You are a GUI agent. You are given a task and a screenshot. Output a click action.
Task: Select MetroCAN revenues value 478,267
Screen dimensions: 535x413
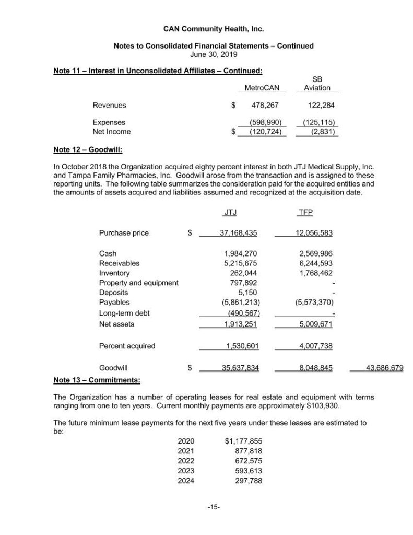(x=265, y=105)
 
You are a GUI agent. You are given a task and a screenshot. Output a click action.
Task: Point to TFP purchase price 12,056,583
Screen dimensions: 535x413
(x=312, y=233)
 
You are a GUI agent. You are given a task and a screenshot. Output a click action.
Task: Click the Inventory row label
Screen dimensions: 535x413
(x=114, y=273)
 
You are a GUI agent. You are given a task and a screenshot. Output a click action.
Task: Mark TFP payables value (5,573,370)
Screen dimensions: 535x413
(x=312, y=303)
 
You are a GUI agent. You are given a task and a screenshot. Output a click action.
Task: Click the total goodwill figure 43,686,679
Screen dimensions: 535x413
(x=384, y=368)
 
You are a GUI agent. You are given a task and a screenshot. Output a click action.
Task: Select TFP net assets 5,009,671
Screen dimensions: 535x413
(x=315, y=324)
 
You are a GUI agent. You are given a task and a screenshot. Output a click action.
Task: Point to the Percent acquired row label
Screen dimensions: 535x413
(x=127, y=346)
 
